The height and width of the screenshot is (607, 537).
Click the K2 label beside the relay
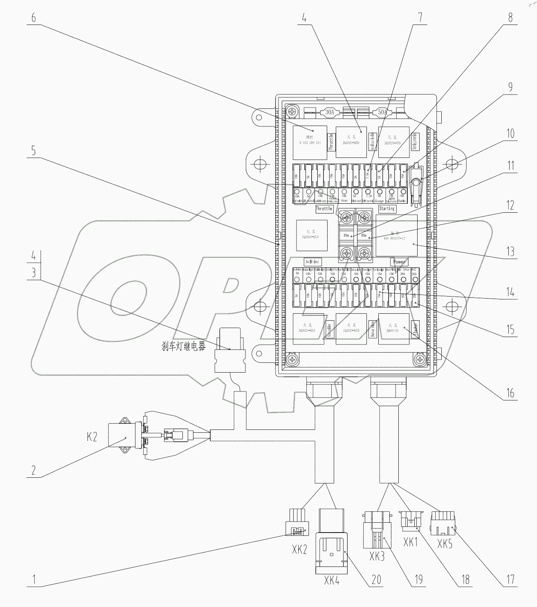(92, 436)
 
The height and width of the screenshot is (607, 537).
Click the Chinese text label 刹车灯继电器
(184, 347)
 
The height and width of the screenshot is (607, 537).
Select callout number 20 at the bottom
(376, 579)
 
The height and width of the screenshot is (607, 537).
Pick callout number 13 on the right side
(510, 251)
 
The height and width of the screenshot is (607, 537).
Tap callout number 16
(510, 393)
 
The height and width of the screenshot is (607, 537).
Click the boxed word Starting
(386, 209)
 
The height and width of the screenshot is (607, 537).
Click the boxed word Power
(399, 262)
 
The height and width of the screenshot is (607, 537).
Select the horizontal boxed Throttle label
(324, 209)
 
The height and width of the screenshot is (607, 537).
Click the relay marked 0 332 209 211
(309, 142)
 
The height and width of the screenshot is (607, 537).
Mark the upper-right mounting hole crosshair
(452, 164)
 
